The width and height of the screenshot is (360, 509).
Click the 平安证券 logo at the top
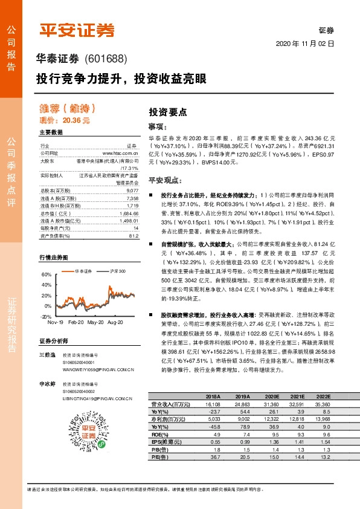pyautogui.click(x=77, y=30)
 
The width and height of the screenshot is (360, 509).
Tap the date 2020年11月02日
pyautogui.click(x=305, y=45)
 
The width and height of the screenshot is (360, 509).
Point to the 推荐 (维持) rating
pyautogui.click(x=67, y=109)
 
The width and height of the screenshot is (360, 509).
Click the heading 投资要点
pyautogui.click(x=167, y=112)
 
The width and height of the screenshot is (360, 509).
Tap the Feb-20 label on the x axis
pyautogui.click(x=76, y=323)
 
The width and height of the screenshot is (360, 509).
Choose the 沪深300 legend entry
pyautogui.click(x=117, y=271)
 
